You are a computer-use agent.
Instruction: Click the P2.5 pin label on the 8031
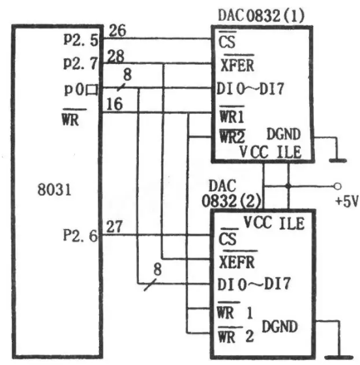(x=81, y=40)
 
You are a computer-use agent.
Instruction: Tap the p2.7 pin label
(x=80, y=63)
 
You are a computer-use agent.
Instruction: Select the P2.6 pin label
(x=80, y=236)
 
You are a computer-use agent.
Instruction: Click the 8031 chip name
(x=54, y=189)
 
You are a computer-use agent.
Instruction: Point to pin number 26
(x=117, y=30)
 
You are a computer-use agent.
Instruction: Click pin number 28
(x=115, y=56)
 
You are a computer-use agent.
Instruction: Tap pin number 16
(x=114, y=104)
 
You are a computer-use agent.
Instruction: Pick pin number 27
(x=114, y=227)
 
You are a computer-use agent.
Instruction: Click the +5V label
(x=347, y=201)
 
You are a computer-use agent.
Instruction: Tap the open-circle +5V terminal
(x=337, y=186)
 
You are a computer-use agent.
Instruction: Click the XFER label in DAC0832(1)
(x=237, y=65)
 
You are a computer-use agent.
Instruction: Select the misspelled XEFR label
(x=237, y=262)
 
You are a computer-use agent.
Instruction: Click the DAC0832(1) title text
(x=261, y=16)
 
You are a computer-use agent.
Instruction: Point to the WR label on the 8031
(x=70, y=119)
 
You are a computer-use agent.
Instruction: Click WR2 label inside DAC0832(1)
(x=232, y=136)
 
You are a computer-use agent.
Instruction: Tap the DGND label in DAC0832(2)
(x=280, y=326)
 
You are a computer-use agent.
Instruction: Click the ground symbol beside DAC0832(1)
(x=338, y=161)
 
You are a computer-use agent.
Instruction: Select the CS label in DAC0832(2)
(x=228, y=239)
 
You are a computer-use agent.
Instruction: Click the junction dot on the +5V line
(x=288, y=186)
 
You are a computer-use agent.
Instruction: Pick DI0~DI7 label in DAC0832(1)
(x=250, y=89)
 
